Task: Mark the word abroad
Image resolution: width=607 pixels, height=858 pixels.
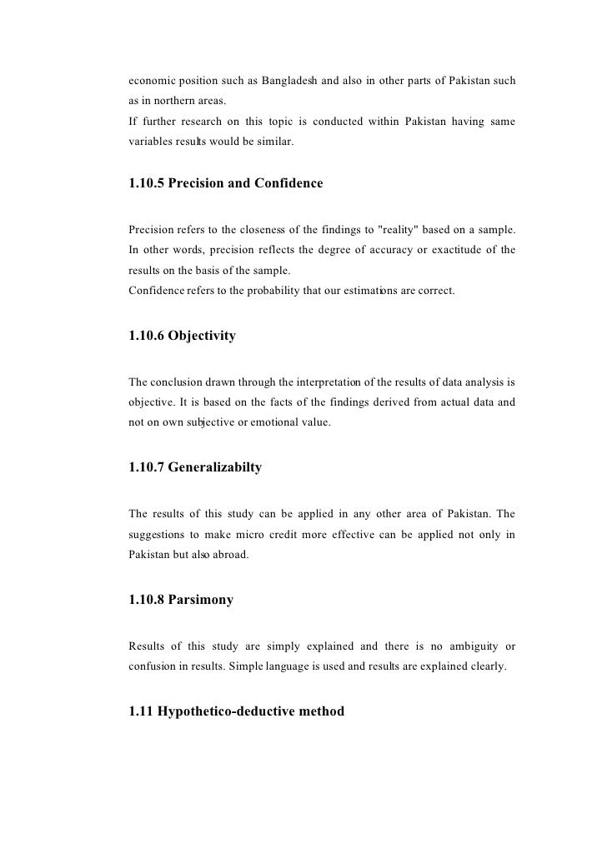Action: (x=228, y=555)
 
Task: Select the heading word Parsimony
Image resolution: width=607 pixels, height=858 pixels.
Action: (x=200, y=598)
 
